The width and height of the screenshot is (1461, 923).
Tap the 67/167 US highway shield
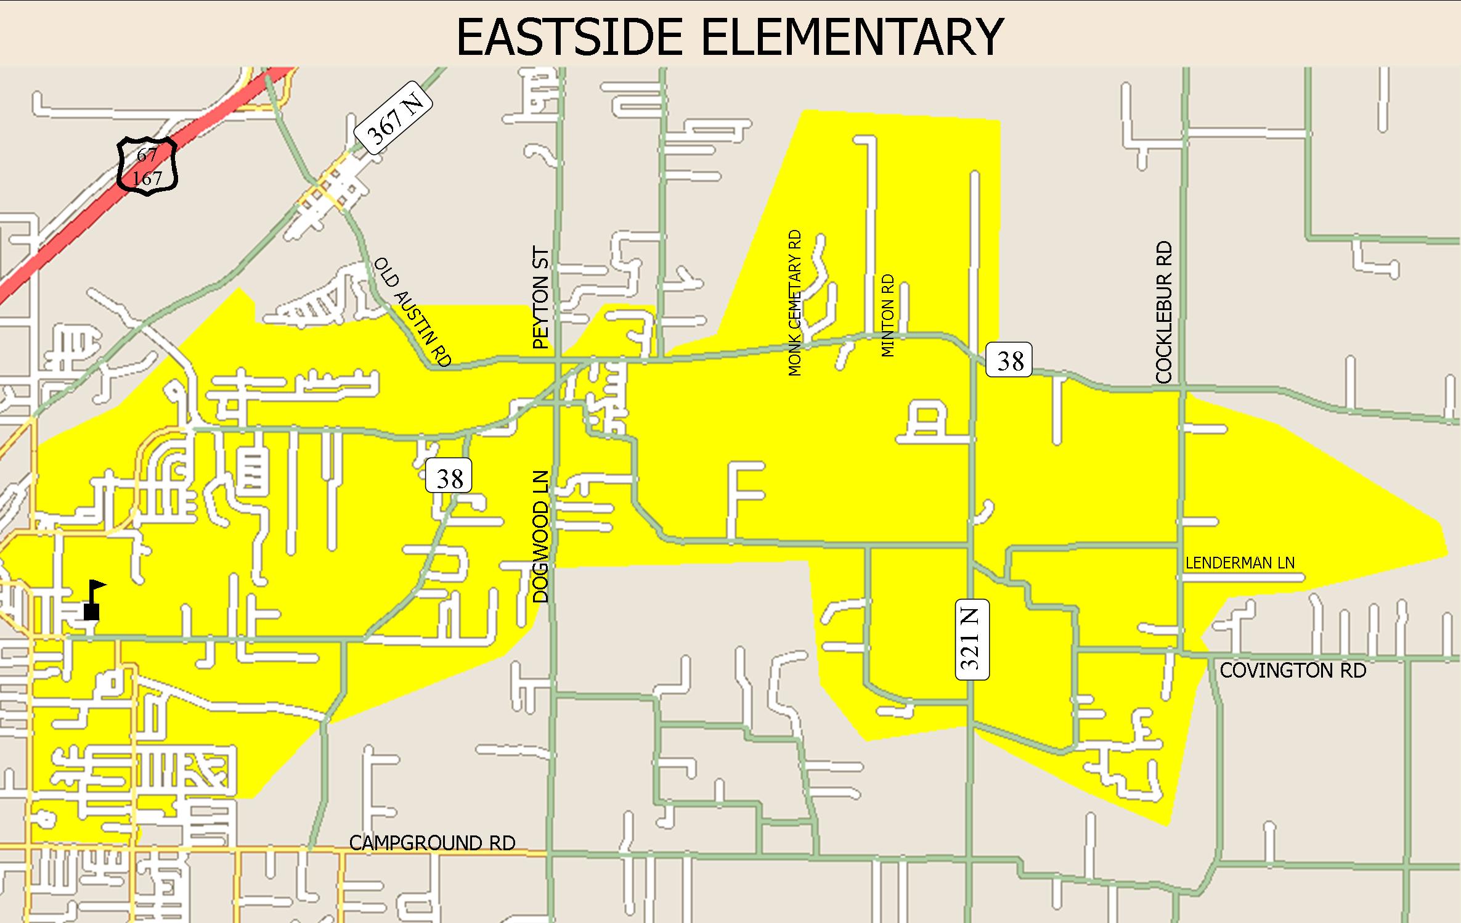(147, 167)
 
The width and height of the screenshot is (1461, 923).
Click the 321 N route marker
(972, 639)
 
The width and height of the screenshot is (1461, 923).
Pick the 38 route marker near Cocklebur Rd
(1009, 361)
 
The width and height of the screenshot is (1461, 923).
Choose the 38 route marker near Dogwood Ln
(449, 476)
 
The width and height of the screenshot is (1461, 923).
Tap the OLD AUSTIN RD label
(413, 313)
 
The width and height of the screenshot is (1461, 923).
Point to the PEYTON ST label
(540, 298)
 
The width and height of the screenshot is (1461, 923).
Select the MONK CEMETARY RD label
(795, 303)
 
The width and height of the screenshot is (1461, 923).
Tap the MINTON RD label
(887, 316)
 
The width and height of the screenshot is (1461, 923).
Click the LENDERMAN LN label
(1239, 562)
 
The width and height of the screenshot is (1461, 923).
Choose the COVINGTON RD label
(1293, 670)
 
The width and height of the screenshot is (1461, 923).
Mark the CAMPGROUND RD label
(432, 842)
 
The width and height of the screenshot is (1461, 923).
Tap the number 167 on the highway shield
(147, 178)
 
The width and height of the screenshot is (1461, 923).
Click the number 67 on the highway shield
(147, 155)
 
